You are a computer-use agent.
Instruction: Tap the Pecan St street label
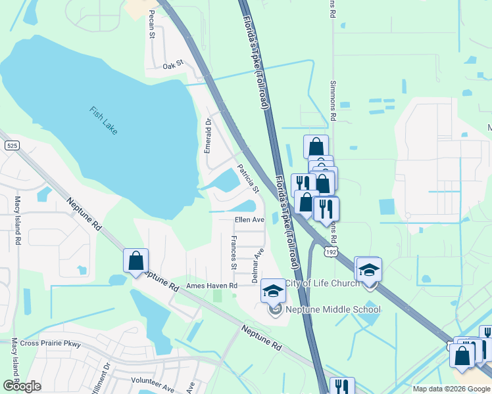(x=151, y=24)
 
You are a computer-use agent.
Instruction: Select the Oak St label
(x=172, y=66)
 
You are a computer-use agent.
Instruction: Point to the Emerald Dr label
(x=208, y=135)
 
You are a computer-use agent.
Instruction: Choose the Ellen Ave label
(x=249, y=220)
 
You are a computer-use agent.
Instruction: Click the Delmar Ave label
(x=258, y=265)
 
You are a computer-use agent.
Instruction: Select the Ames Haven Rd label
(x=211, y=286)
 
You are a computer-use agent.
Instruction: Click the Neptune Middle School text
(x=333, y=309)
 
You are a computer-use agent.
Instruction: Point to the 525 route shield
(x=11, y=146)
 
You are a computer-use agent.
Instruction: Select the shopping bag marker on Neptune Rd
(x=135, y=261)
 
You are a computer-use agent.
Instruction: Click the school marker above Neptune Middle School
(x=274, y=290)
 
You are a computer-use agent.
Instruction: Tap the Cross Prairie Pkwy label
(x=49, y=343)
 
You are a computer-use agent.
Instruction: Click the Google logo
(x=22, y=386)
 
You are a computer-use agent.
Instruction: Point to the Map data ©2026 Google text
(x=451, y=389)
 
